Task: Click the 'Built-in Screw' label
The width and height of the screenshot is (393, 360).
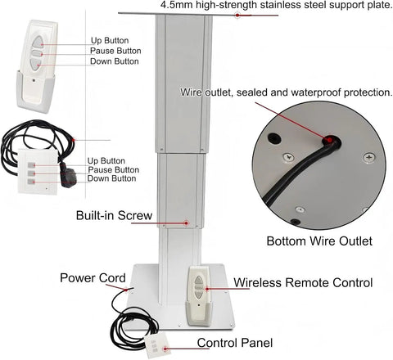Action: [114, 215]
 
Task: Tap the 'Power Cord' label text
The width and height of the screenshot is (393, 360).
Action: [93, 278]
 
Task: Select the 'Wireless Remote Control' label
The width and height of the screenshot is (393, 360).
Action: [303, 282]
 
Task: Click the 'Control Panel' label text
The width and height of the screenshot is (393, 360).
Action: [235, 343]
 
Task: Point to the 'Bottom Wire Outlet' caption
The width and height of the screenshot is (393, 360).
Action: [319, 241]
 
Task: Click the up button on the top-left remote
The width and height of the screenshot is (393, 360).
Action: [37, 43]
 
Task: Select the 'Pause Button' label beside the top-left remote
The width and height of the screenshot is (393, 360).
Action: [115, 51]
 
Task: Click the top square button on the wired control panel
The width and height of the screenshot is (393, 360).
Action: [31, 164]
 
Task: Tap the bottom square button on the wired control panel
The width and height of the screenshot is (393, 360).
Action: [31, 182]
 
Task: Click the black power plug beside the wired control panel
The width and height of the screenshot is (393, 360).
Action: [67, 175]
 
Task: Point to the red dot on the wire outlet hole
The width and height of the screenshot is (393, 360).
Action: [330, 140]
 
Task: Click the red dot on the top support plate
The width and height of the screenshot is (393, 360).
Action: [237, 16]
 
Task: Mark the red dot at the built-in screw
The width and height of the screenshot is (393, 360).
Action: [187, 223]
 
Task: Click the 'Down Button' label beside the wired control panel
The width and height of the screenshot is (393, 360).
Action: [111, 178]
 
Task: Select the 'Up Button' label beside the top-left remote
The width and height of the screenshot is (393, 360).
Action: [110, 41]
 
